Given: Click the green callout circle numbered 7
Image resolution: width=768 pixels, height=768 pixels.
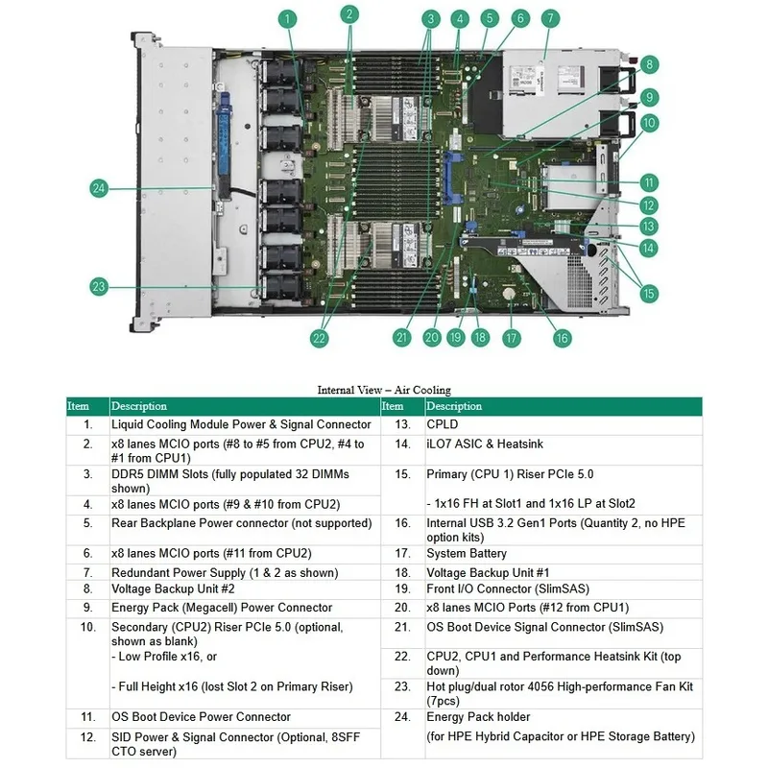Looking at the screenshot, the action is [550, 18].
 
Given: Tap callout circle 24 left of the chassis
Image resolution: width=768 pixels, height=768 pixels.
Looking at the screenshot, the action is [99, 188].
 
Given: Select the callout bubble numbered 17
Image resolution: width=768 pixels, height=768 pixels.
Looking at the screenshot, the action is [512, 338].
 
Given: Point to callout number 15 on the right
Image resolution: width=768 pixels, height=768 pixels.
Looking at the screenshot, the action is [649, 294].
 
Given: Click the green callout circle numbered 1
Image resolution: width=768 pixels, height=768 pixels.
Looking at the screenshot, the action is [287, 19].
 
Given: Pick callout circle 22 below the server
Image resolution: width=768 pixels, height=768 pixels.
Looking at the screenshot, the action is [319, 338].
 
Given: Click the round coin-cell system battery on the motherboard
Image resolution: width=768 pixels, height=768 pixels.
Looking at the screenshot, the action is [510, 294].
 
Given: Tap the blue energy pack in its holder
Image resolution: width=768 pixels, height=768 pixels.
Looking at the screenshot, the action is [225, 145].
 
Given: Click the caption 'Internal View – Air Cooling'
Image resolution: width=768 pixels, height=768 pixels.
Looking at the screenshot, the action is [384, 390].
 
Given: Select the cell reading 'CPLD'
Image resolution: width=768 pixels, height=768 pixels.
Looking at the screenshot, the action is [442, 424].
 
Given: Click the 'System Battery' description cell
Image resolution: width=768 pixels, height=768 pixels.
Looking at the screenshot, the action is [467, 553].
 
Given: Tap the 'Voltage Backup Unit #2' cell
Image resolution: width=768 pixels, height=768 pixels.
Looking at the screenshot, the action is [173, 588].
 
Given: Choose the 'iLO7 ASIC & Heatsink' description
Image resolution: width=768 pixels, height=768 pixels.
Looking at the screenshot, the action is [485, 444].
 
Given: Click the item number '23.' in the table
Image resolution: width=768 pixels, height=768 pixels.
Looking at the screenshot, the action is [402, 686].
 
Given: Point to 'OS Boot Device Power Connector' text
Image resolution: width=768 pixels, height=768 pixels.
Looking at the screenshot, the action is [201, 716].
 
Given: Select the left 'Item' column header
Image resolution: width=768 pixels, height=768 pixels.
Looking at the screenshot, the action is [79, 406].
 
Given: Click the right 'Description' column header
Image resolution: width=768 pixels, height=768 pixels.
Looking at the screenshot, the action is [454, 406].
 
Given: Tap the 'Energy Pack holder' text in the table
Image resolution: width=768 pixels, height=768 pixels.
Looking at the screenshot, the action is [478, 716].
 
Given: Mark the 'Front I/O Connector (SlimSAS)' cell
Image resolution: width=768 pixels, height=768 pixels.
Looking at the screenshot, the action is [508, 588].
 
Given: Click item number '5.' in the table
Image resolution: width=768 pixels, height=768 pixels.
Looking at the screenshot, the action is [87, 522].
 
